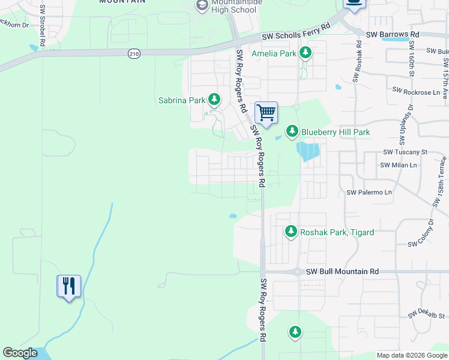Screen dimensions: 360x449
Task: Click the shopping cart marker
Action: (x=266, y=112)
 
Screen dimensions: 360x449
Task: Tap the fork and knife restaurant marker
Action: (x=68, y=286)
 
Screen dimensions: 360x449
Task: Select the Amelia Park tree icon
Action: (x=306, y=53)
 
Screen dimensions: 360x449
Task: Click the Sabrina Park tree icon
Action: (x=214, y=100)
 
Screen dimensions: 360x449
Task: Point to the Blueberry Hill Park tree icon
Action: (x=292, y=131)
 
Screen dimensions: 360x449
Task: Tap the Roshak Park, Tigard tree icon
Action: (x=291, y=232)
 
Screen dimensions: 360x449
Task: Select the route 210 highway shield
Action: (x=133, y=55)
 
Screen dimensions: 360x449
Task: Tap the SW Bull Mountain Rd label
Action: (x=342, y=272)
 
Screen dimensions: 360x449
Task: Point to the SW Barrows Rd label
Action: (x=392, y=35)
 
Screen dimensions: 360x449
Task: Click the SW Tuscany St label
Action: (x=405, y=152)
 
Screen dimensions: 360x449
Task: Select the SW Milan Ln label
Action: (x=398, y=165)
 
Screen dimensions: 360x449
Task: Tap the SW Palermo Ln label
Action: (x=369, y=193)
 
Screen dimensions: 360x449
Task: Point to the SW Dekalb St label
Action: (x=427, y=314)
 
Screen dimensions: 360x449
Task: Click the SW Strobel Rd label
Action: (x=43, y=26)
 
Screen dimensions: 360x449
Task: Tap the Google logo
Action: (x=20, y=353)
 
